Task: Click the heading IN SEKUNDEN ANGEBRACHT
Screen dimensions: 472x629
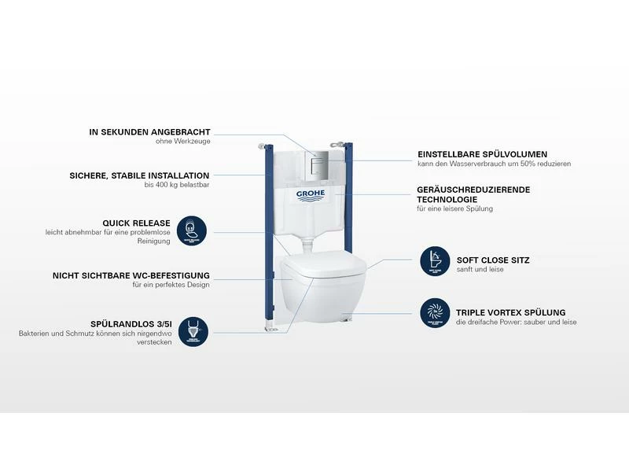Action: point(149,132)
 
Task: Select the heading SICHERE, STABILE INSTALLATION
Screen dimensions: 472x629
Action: point(139,175)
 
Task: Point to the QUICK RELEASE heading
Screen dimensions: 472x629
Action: point(142,223)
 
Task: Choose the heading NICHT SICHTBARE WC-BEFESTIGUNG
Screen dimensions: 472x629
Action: point(131,275)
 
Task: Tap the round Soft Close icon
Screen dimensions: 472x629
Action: point(435,261)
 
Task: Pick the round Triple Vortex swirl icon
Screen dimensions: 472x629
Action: point(435,312)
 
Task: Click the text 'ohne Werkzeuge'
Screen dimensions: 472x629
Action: point(182,142)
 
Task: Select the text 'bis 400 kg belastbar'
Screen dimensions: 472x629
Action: point(177,185)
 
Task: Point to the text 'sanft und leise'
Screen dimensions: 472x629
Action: point(480,270)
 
